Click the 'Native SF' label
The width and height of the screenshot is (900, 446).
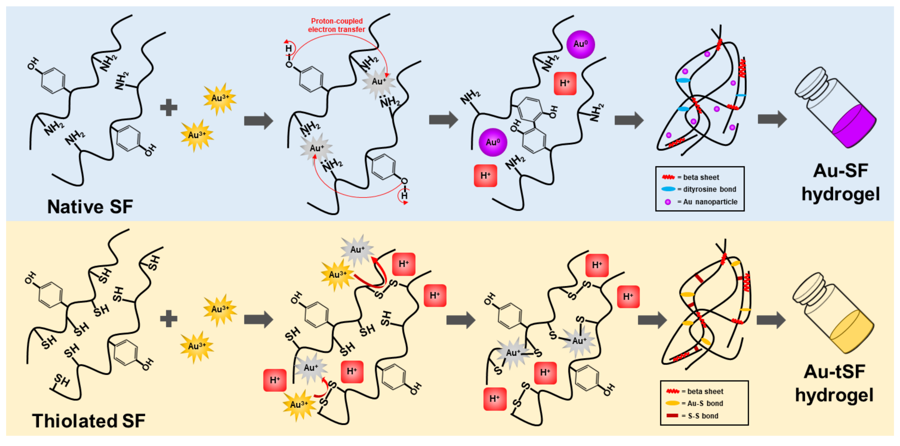90,206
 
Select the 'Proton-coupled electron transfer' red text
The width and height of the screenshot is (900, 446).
337,25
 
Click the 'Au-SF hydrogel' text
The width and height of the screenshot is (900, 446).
840,182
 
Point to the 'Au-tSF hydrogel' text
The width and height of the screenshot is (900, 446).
834,383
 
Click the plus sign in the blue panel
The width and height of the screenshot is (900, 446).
169,107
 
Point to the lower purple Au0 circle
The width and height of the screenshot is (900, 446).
493,142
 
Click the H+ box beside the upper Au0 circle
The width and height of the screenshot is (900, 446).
565,83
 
